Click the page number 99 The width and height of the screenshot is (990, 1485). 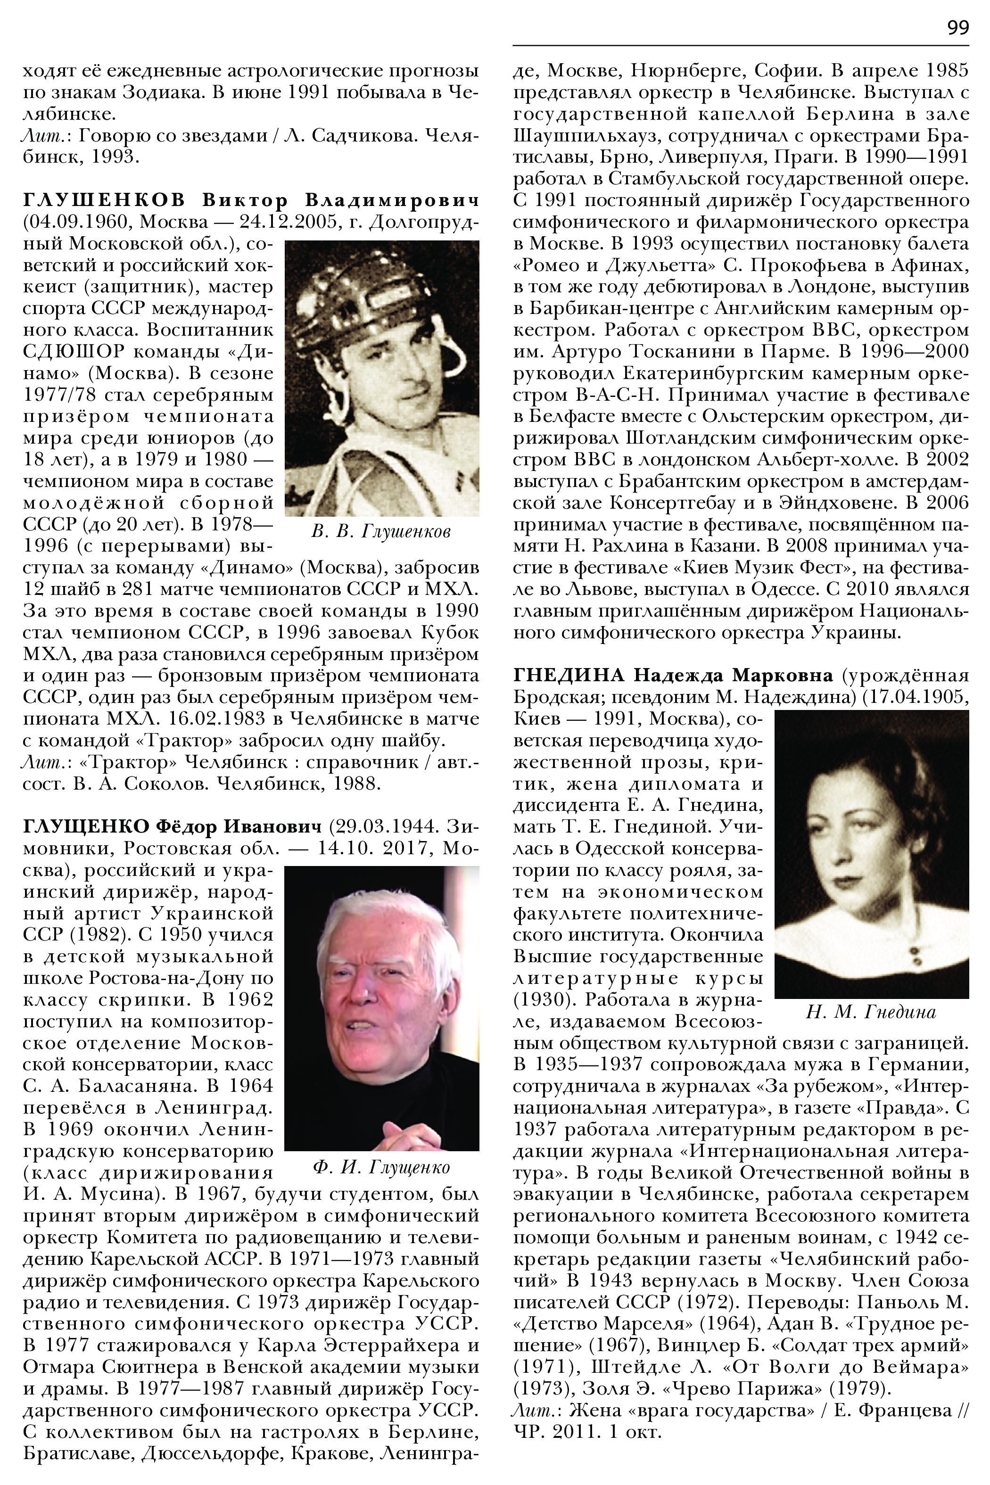(x=957, y=28)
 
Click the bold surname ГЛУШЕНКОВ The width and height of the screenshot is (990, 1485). (x=104, y=201)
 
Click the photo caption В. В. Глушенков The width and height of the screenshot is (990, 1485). (x=381, y=532)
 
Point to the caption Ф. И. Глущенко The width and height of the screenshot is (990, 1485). (x=381, y=1167)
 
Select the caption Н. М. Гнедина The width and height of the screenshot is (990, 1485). (x=871, y=1012)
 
